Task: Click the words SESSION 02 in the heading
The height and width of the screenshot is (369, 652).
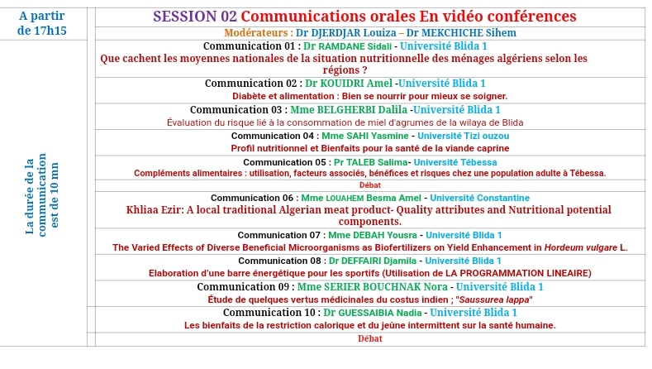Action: click(194, 17)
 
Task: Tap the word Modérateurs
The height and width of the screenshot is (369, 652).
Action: click(256, 32)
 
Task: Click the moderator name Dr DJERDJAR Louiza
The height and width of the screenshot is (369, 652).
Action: click(345, 32)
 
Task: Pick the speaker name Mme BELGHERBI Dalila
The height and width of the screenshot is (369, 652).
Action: click(349, 109)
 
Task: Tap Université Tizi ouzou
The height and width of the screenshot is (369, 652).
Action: click(464, 136)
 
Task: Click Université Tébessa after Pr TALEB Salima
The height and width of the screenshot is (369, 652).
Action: click(455, 162)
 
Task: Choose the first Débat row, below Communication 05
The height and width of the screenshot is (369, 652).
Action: click(370, 185)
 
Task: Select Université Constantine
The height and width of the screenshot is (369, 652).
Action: click(480, 198)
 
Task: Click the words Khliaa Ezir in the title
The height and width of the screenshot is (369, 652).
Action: click(155, 209)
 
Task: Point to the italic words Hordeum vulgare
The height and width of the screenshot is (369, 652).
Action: click(581, 247)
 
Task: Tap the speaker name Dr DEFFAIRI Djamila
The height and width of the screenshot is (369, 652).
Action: click(373, 261)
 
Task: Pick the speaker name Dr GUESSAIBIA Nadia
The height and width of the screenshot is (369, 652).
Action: click(373, 313)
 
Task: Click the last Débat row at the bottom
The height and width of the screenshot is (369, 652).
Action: click(370, 338)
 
